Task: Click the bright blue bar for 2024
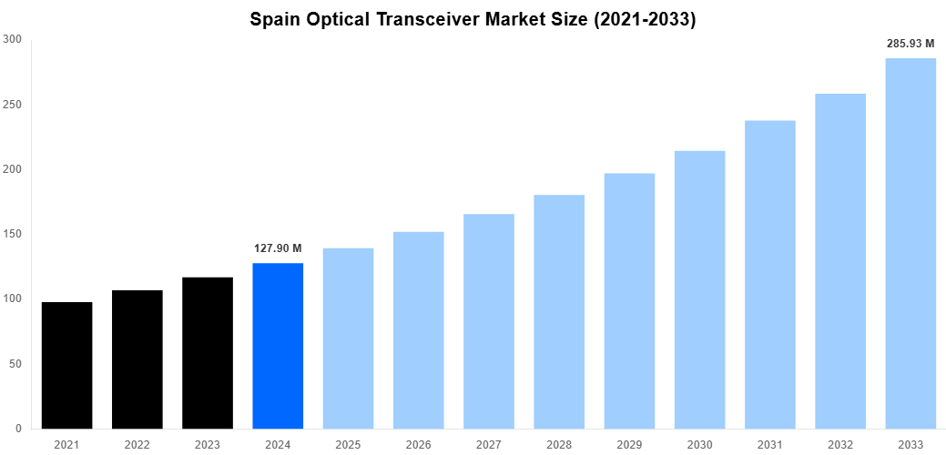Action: tap(278, 346)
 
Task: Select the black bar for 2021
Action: tap(66, 365)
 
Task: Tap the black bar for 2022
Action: tap(137, 359)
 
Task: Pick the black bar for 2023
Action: tap(208, 353)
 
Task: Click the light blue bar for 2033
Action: tap(910, 243)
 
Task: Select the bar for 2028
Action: tap(559, 311)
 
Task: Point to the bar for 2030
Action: tap(699, 289)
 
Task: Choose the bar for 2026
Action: tap(419, 330)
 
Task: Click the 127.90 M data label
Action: tap(278, 248)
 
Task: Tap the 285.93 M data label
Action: tap(910, 44)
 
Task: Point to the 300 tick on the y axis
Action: tap(13, 39)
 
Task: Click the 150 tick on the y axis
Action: tap(13, 234)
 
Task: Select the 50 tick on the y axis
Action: tap(15, 364)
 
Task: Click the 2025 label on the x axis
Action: tap(348, 444)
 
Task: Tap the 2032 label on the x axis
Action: tap(840, 444)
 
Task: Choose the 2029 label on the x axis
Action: tap(629, 444)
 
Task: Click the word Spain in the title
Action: tap(274, 19)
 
